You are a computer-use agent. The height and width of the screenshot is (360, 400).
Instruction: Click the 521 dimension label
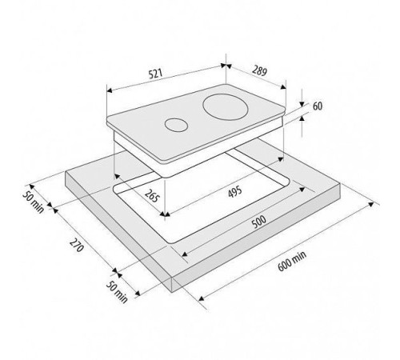click(155, 74)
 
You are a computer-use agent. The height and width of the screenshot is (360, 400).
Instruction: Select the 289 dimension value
click(259, 70)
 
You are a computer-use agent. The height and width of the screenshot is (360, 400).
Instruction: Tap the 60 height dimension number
click(318, 106)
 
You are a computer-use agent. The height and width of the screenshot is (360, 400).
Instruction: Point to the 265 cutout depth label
click(152, 195)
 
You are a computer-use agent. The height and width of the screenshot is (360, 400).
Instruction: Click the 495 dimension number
click(235, 192)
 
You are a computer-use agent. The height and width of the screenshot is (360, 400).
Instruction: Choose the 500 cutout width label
click(259, 222)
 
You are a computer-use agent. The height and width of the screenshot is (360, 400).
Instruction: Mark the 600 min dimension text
click(292, 262)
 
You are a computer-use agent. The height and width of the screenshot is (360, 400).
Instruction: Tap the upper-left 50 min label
click(33, 202)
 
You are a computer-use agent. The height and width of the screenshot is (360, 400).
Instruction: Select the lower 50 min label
click(117, 292)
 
